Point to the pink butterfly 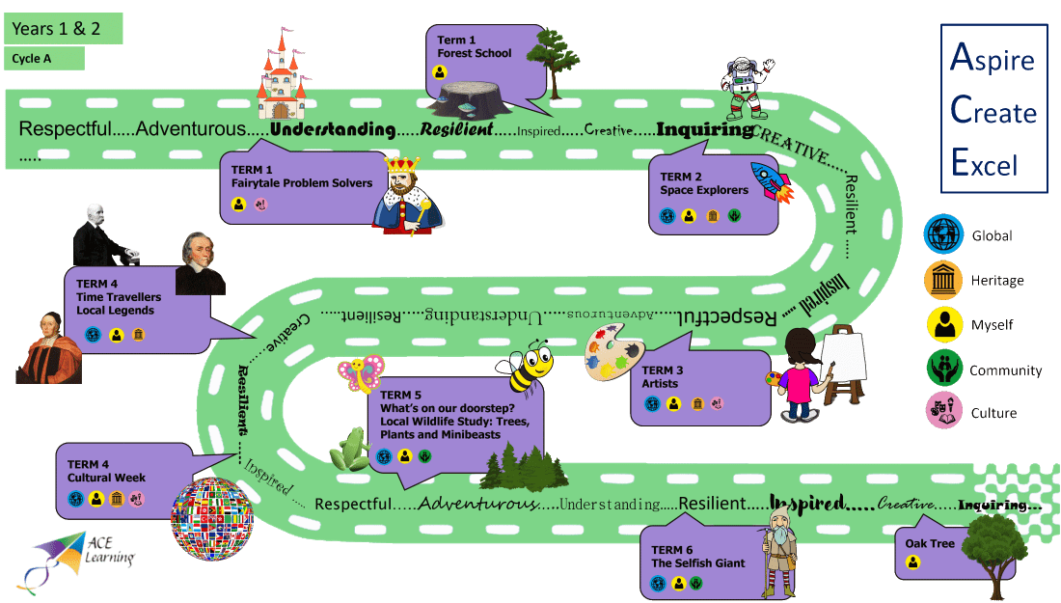361,373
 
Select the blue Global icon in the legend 943,234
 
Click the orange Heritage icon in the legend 943,280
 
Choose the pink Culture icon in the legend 943,412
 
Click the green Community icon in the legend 943,370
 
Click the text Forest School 475,53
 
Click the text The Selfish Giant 698,562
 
